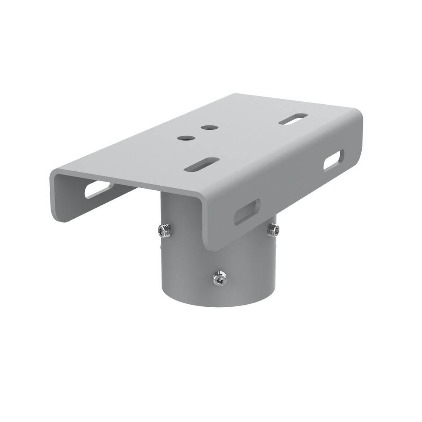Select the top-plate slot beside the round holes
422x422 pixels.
coord(202,164)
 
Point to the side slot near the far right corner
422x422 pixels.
coord(333,161)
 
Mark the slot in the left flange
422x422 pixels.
coord(99,189)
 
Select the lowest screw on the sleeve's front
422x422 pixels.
coord(219,278)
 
